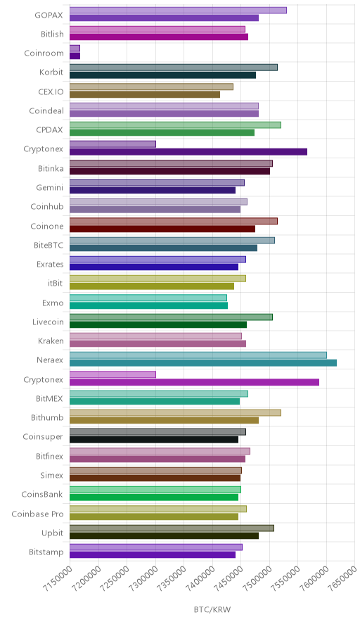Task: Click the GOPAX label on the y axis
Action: point(49,15)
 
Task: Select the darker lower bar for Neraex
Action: point(203,363)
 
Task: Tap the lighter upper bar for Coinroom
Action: point(75,49)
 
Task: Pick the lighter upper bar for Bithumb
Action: point(175,413)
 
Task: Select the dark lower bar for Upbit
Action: point(164,536)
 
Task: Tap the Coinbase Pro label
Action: point(37,514)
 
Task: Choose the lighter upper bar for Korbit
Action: point(174,68)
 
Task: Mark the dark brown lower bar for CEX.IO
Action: point(145,94)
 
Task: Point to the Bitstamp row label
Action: point(46,552)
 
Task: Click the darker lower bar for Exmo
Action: point(148,305)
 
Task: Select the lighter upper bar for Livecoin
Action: point(172,317)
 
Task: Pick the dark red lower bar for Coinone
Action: point(162,229)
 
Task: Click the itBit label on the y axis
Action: point(55,284)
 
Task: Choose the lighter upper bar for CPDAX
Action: point(175,125)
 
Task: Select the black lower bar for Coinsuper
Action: point(154,440)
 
